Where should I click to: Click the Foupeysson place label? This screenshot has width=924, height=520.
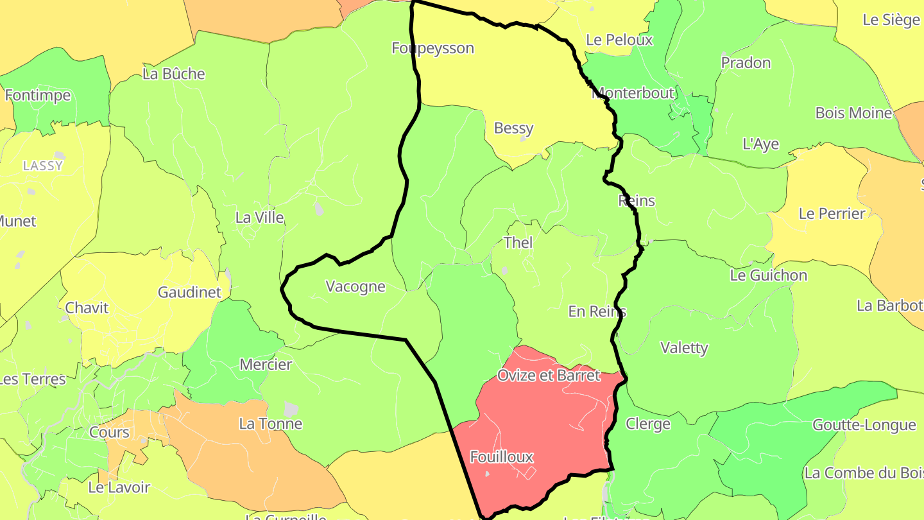432,48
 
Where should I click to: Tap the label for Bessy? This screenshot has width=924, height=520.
513,128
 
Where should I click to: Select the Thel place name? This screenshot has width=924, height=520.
518,243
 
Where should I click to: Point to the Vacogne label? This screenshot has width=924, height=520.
355,287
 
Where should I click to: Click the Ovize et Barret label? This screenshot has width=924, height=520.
549,375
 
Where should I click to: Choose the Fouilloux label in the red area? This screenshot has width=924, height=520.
502,457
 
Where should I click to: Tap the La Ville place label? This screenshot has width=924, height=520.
259,218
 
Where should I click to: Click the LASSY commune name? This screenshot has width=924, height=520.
43,166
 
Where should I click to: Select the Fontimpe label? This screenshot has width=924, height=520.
37,96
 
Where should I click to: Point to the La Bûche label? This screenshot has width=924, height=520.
174,74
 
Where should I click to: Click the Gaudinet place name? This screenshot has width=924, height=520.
189,293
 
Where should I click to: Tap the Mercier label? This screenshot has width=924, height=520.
266,365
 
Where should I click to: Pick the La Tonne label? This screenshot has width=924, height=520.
270,424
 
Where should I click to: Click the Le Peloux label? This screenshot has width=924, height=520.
619,40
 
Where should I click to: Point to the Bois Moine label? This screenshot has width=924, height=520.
853,113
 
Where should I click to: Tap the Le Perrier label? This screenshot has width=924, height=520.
832,214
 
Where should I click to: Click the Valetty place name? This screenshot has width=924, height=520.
684,348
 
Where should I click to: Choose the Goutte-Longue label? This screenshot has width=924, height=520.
864,425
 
